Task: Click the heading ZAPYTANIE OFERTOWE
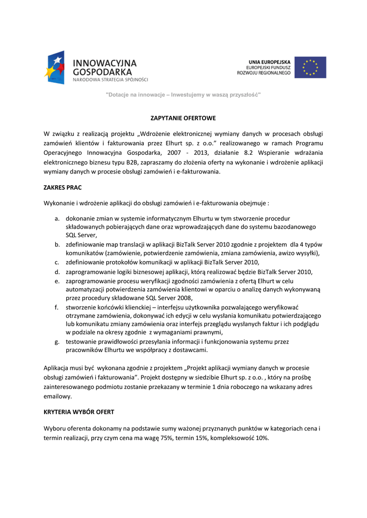click(183, 118)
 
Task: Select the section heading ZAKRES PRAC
click(63, 187)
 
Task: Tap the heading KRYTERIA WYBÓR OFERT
click(79, 412)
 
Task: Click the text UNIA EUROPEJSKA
click(269, 61)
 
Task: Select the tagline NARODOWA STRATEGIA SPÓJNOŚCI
click(111, 79)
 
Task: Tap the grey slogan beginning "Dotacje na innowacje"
click(183, 95)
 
